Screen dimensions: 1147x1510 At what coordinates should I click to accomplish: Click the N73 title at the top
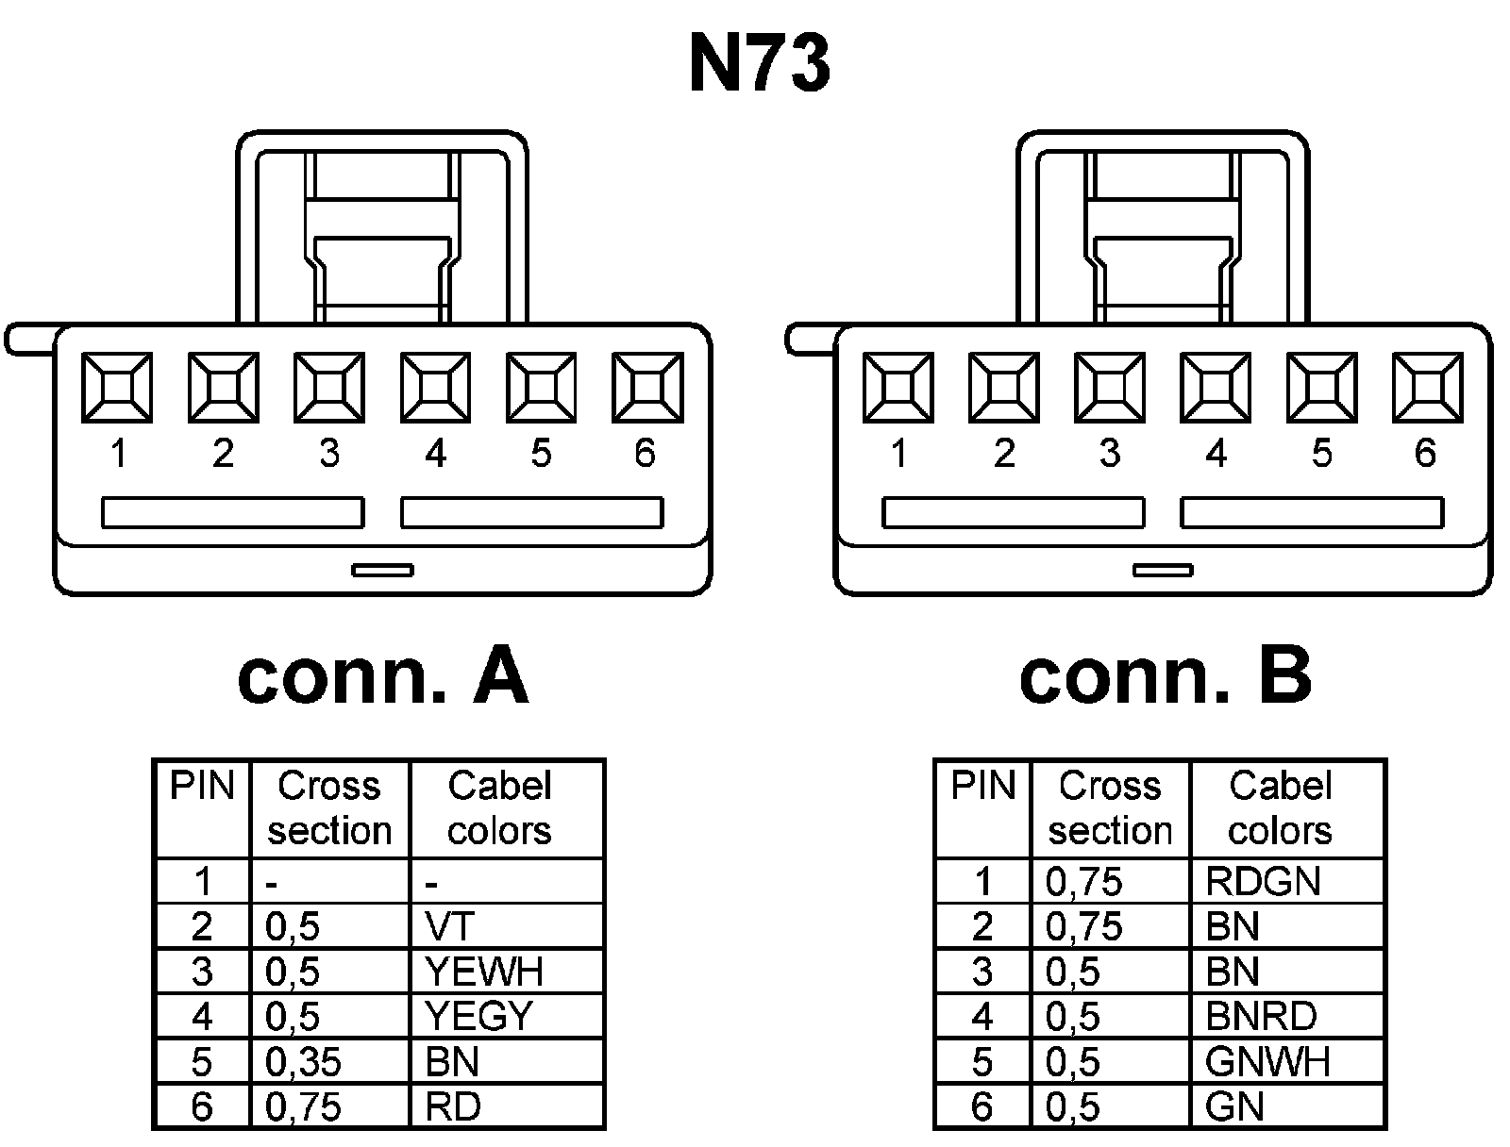coord(760,64)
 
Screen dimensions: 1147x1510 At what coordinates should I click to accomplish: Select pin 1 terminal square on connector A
coord(117,387)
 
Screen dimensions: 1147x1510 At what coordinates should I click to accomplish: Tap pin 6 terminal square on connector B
coord(1427,387)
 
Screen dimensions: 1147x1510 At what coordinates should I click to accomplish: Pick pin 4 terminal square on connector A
coord(435,387)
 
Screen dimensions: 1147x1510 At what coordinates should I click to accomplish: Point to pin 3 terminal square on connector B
coord(1110,387)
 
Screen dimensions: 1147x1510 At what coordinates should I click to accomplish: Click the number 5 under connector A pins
coord(540,454)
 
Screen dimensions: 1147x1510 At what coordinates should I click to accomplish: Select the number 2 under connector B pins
coord(1003,454)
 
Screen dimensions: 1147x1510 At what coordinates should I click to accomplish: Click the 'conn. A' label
coord(382,676)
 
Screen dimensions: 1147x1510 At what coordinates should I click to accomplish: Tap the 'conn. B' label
coord(1165,676)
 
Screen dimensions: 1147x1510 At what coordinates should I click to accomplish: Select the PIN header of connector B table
coord(982,787)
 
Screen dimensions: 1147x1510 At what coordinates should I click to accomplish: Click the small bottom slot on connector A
coord(382,570)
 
